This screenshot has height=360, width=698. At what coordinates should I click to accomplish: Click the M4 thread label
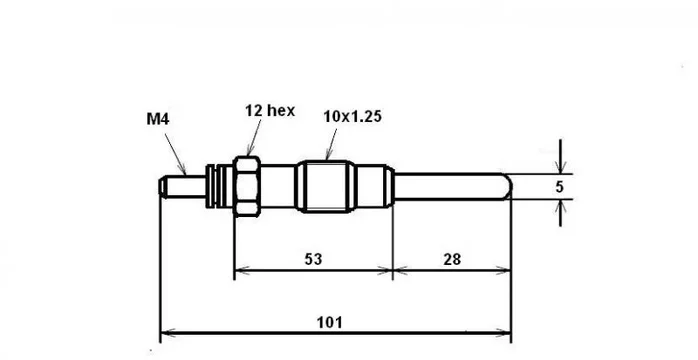(x=158, y=119)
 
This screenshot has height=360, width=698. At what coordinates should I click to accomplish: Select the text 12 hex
(x=270, y=110)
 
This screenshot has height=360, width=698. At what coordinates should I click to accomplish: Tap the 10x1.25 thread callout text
(x=353, y=117)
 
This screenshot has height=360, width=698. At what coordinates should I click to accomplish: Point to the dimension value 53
(x=313, y=259)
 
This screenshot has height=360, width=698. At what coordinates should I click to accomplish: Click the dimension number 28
(x=452, y=259)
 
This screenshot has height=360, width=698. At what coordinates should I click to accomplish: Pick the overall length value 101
(x=329, y=322)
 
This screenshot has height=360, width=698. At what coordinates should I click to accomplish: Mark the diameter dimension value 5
(x=560, y=187)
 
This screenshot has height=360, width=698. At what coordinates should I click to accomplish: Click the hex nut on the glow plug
(x=247, y=186)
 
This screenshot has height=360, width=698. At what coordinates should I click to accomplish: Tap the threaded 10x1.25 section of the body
(x=326, y=186)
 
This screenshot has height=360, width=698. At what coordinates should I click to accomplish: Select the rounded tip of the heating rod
(x=508, y=186)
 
